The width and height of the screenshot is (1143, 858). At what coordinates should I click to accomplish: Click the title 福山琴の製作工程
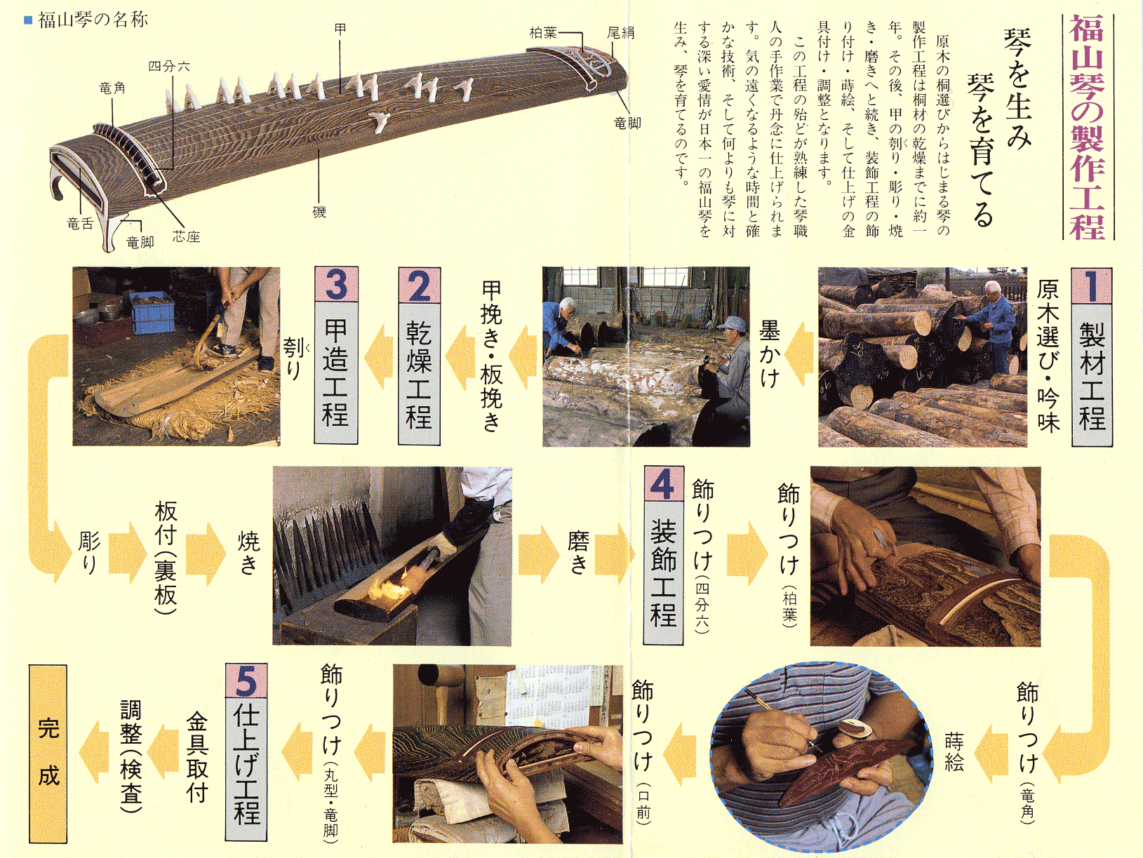1088,127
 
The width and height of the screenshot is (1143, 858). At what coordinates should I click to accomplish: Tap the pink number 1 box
1092,286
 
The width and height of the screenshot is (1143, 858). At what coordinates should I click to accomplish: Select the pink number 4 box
663,484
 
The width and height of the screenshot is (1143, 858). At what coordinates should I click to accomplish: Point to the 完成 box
48,753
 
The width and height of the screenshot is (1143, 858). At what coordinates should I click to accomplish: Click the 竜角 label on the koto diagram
112,88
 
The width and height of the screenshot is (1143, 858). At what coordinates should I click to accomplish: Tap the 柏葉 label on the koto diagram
542,33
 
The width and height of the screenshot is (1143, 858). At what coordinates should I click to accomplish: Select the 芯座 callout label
186,237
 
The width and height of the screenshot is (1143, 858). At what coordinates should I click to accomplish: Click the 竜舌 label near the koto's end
80,224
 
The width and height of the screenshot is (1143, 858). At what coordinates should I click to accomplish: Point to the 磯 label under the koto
319,212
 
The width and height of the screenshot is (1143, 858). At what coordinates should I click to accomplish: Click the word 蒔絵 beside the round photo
954,751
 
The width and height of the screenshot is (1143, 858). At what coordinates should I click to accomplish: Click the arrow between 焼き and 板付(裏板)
206,553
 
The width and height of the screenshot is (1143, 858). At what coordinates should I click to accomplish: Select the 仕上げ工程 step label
246,770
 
